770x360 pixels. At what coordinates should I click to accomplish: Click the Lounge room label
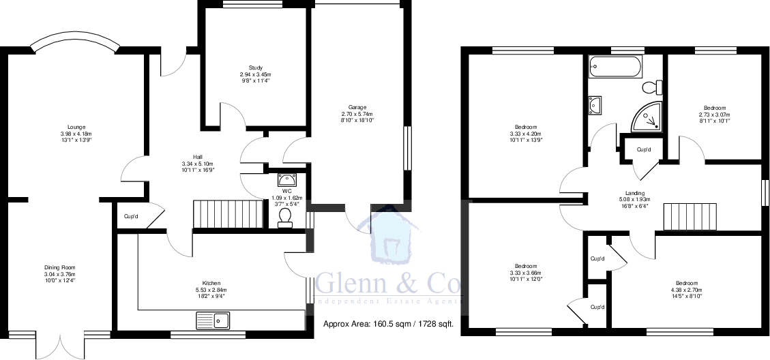(x=76, y=126)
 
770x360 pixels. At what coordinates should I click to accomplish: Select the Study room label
(x=256, y=67)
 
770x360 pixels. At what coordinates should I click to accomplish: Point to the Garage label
(x=357, y=107)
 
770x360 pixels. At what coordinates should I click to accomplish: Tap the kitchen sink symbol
(x=213, y=319)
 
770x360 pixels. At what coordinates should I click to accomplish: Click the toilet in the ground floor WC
(x=285, y=216)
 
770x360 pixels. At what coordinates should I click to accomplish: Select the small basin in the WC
(x=285, y=180)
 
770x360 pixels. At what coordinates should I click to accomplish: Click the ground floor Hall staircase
(x=228, y=214)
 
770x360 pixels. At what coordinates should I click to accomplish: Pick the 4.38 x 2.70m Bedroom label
(x=687, y=283)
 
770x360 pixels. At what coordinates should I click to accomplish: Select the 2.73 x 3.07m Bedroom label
(x=715, y=108)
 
